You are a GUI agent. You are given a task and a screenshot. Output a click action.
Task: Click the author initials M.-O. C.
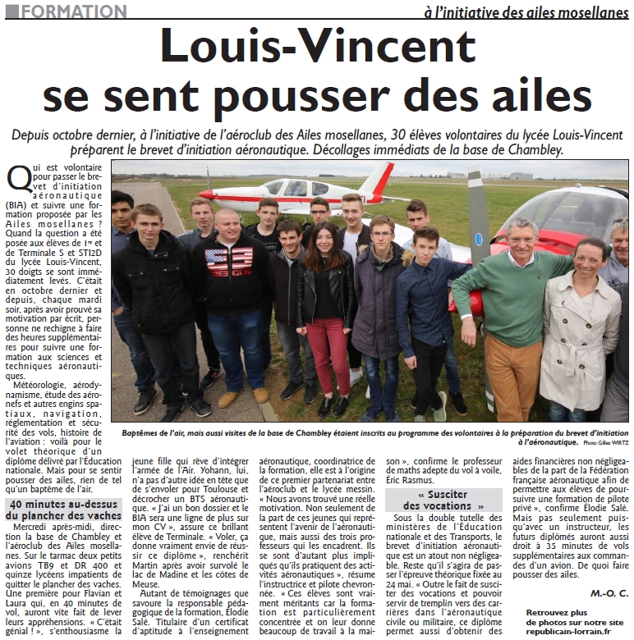click(x=609, y=592)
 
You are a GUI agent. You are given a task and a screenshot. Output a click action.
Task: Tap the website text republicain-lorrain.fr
click(x=569, y=632)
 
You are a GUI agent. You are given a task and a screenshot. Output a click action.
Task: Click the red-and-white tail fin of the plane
click(x=377, y=180)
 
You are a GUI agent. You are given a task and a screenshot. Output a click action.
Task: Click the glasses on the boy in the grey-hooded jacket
click(x=381, y=235)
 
